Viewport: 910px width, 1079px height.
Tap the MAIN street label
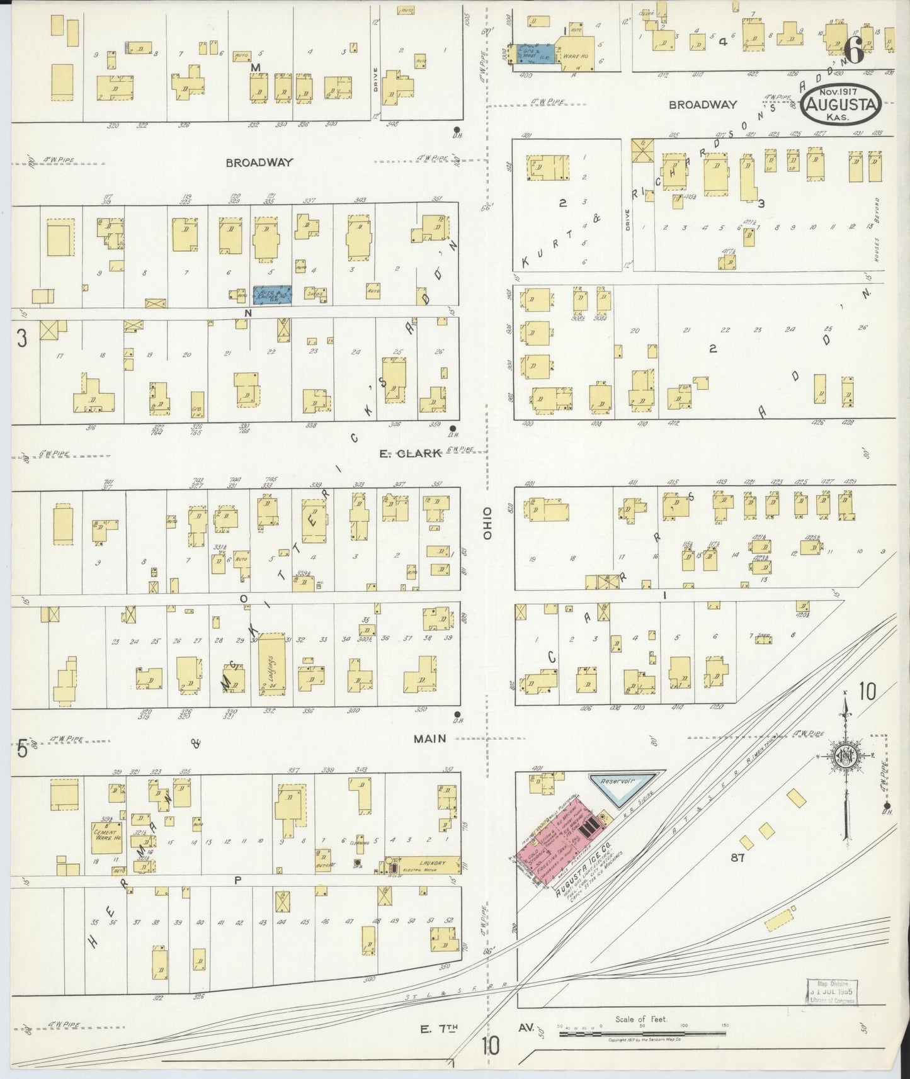[x=430, y=738]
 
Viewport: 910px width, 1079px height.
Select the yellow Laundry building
[x=423, y=864]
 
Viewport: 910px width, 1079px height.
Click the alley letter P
[x=237, y=880]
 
